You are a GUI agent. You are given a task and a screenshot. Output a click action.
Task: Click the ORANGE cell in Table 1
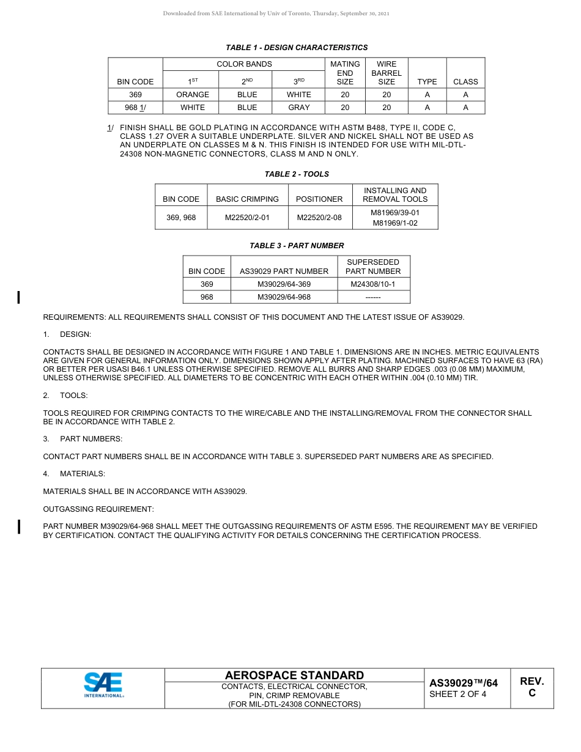click(x=193, y=95)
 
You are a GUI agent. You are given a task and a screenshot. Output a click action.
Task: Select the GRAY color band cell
click(x=298, y=108)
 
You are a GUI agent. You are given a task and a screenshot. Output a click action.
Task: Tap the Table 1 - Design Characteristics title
click(x=297, y=48)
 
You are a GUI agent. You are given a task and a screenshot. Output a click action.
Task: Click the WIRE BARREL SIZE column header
click(x=386, y=73)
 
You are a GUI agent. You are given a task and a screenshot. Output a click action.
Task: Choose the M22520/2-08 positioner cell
click(x=319, y=218)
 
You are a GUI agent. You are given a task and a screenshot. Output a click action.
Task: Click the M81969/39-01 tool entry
click(x=395, y=212)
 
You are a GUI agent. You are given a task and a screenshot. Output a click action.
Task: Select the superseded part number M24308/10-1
click(x=373, y=284)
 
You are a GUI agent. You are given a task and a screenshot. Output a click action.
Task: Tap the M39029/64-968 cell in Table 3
click(x=284, y=297)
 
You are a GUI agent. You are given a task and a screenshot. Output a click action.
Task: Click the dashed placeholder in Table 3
click(x=373, y=297)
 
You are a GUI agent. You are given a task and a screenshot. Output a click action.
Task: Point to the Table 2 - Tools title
click(x=297, y=174)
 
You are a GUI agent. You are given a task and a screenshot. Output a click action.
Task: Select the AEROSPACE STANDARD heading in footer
click(x=294, y=676)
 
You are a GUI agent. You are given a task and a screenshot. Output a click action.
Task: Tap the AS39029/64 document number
click(x=464, y=684)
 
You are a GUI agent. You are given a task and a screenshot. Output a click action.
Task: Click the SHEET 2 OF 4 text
click(x=458, y=695)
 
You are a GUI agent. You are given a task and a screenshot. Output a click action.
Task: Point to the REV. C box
click(x=531, y=687)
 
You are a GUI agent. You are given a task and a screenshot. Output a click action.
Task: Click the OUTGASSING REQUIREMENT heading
click(x=98, y=509)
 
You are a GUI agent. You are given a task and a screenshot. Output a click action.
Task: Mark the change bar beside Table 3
click(x=19, y=298)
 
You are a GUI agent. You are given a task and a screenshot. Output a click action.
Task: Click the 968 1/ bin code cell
click(x=135, y=108)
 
